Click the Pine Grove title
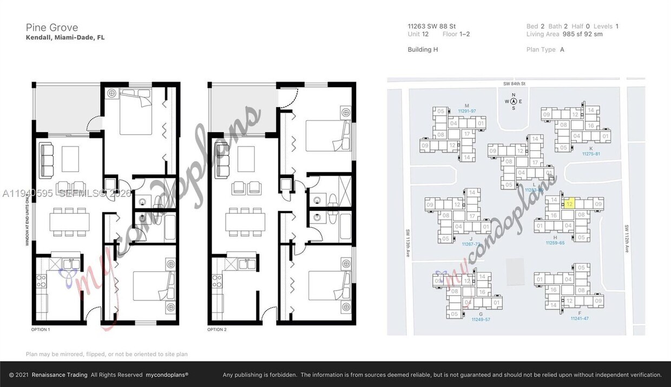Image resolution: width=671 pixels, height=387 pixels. [52, 28]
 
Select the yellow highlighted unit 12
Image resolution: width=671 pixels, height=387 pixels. [569, 205]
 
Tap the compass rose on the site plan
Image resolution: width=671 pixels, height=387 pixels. [513, 101]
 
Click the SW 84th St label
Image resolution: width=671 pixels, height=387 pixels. [514, 84]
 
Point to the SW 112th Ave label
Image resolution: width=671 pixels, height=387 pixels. [627, 239]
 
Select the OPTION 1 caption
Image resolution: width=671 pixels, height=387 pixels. [41, 330]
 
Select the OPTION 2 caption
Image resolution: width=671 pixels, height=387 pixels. [218, 330]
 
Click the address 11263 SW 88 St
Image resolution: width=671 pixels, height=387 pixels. [431, 26]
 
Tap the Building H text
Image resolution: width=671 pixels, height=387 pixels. [423, 49]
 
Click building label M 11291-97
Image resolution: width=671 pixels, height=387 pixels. [466, 108]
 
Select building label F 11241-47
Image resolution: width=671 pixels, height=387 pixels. [579, 316]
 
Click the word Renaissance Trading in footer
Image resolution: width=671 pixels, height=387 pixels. [60, 375]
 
